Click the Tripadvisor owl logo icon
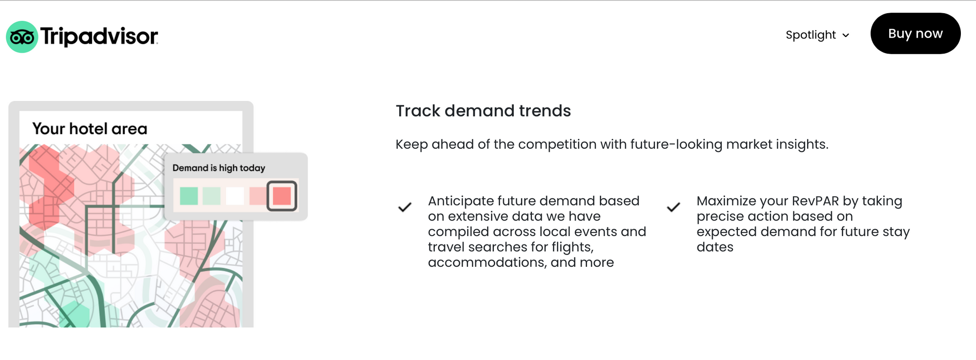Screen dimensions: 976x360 22,37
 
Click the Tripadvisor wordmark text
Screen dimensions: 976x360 99,37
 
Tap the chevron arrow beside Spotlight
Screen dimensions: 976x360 846,36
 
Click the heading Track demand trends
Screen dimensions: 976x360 483,111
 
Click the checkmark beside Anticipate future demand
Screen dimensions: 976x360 405,207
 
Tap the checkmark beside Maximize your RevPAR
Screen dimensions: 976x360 673,207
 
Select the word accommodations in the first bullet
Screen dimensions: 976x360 487,262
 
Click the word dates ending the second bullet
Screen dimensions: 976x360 715,247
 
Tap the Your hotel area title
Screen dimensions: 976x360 90,129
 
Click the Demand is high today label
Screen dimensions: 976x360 219,168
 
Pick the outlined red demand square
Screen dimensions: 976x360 282,196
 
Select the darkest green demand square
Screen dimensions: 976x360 189,196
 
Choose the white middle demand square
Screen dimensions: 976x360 235,196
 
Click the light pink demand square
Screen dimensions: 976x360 257,196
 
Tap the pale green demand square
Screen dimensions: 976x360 211,196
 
